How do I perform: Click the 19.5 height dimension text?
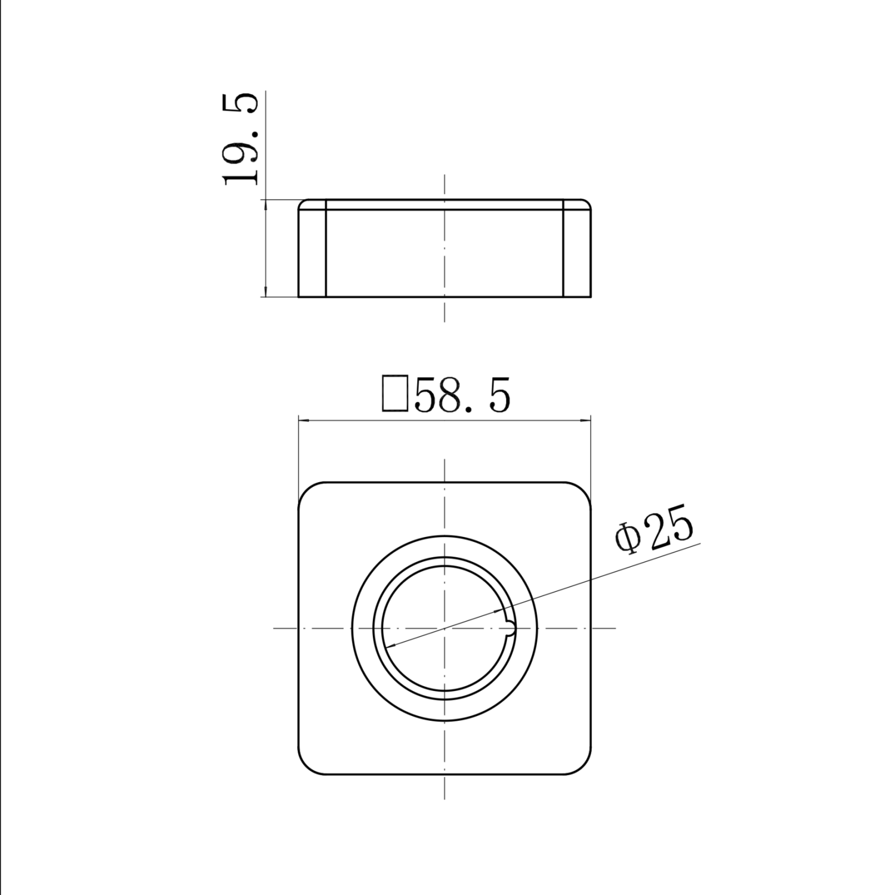[x=240, y=138]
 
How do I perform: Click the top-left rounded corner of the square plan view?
[x=305, y=490]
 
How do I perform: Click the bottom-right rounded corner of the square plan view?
[x=584, y=767]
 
